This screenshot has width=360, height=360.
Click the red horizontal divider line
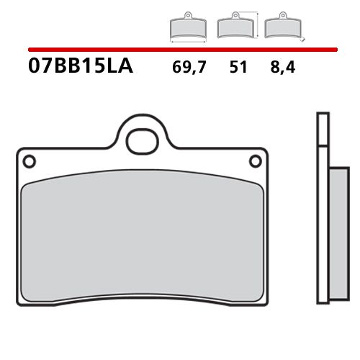coord(180,50)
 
